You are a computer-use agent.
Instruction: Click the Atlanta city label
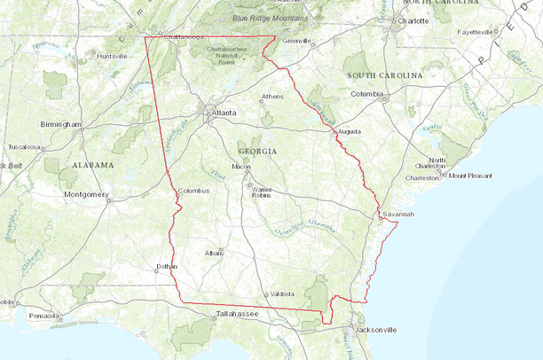click(224, 113)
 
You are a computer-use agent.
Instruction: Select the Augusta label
click(350, 131)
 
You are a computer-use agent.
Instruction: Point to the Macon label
click(241, 167)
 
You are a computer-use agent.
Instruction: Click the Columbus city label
click(193, 191)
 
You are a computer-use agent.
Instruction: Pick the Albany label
click(214, 253)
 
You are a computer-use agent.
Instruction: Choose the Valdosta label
click(282, 293)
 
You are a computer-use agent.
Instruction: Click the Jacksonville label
click(373, 329)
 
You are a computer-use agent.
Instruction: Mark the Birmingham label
click(60, 124)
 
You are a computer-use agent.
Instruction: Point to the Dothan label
click(167, 266)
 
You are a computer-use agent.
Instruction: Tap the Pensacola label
click(43, 315)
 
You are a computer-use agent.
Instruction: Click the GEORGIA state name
click(257, 152)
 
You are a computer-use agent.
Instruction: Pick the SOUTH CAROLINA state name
click(384, 76)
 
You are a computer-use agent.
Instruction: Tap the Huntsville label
click(112, 56)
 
